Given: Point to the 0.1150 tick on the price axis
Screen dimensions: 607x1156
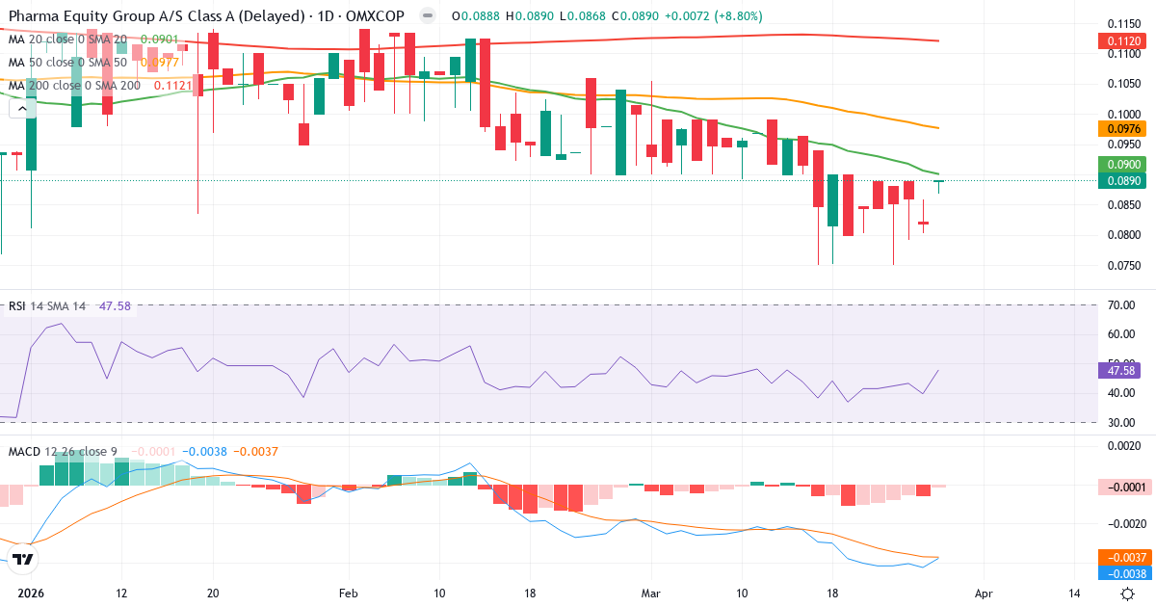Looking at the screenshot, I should [x=1122, y=23].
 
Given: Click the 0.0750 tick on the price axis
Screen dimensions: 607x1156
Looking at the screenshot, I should [x=1122, y=265].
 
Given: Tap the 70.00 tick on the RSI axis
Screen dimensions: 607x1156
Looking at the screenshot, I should [x=1121, y=304].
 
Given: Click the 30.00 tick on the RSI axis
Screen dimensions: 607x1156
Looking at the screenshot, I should [x=1121, y=422].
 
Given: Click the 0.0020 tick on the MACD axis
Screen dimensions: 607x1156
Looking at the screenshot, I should [x=1122, y=446].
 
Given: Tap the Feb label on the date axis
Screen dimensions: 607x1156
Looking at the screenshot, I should [x=349, y=594].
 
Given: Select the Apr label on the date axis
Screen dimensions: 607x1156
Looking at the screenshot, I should [x=983, y=594].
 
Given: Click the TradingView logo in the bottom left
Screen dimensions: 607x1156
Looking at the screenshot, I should [x=24, y=559].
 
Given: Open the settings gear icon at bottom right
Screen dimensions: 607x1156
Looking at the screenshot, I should [x=1127, y=594].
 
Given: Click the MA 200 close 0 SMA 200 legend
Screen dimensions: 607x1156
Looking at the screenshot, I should [x=74, y=85].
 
